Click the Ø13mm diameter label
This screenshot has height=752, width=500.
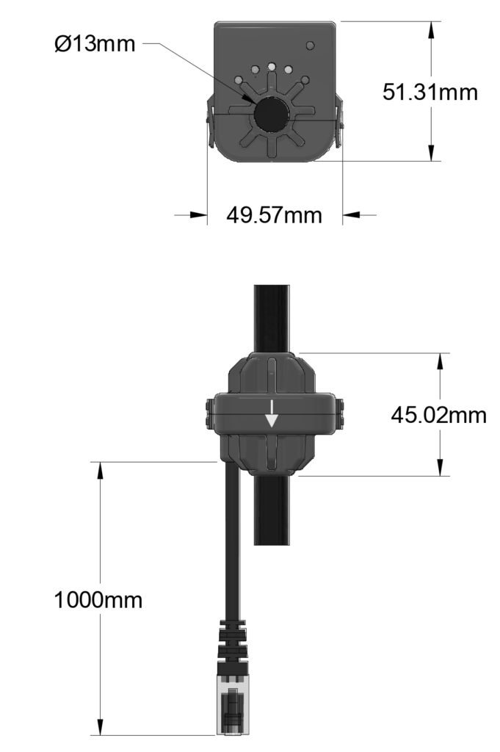tap(95, 44)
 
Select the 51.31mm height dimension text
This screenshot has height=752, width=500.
tap(430, 93)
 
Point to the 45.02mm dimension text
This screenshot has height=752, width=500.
tap(438, 415)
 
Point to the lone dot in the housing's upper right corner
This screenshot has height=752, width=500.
tap(310, 46)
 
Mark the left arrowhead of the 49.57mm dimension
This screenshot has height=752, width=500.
tap(198, 215)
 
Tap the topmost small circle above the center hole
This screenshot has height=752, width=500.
tap(272, 66)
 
